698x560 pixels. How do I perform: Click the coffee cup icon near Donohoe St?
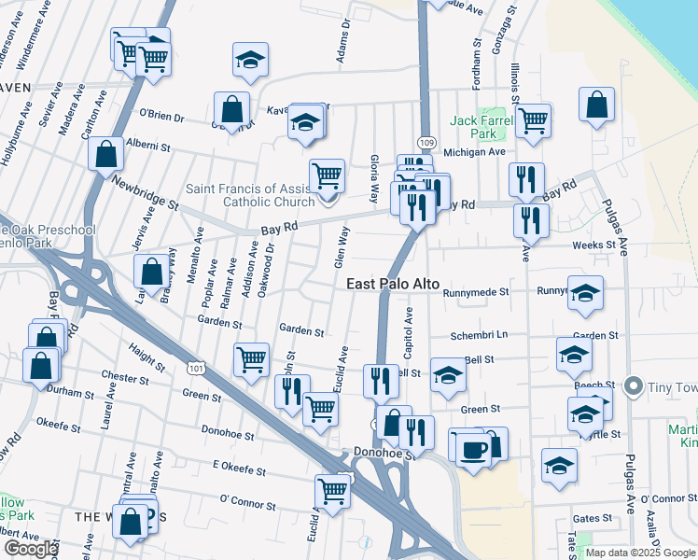point(472,449)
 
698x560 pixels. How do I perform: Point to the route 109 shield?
point(426,141)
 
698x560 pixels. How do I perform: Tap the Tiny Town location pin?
point(634,385)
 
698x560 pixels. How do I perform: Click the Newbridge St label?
point(146,190)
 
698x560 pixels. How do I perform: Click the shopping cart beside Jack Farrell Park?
point(533,119)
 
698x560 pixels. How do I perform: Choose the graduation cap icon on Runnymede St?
point(585,293)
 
